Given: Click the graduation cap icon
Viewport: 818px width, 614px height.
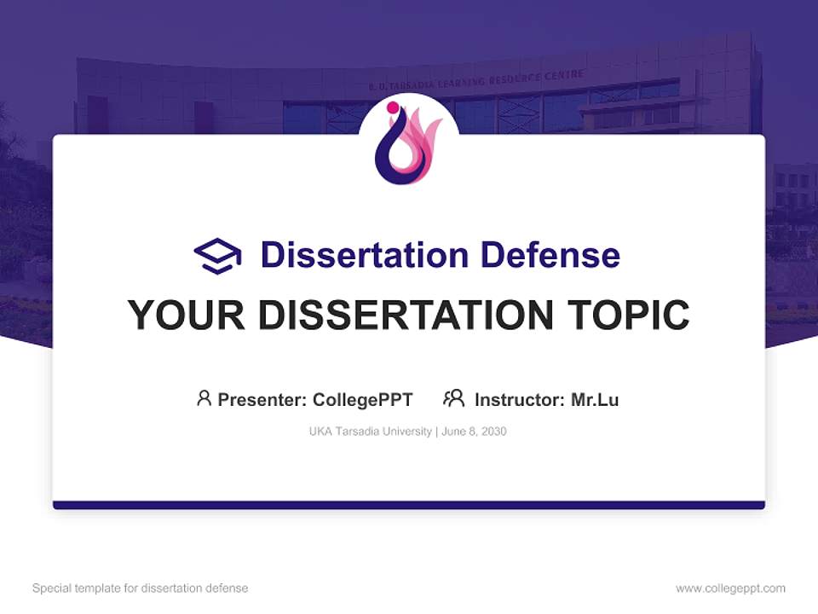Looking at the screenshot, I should pyautogui.click(x=217, y=255).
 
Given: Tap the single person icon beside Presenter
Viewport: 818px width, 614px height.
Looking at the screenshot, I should pyautogui.click(x=204, y=398).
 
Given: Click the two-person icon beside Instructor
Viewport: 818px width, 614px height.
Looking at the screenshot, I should pyautogui.click(x=453, y=398).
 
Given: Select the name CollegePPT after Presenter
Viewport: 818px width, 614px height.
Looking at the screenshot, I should pyautogui.click(x=363, y=400).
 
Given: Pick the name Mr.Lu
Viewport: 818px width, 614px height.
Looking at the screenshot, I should pyautogui.click(x=595, y=400).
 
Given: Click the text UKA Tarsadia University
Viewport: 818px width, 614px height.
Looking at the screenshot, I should pyautogui.click(x=371, y=432).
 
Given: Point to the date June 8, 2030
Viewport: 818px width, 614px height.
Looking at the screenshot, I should pyautogui.click(x=475, y=432).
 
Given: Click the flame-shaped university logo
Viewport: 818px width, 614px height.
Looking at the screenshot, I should pyautogui.click(x=408, y=145).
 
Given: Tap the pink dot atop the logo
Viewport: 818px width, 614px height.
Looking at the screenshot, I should pyautogui.click(x=393, y=107).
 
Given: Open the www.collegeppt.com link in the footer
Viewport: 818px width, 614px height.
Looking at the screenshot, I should pyautogui.click(x=730, y=588).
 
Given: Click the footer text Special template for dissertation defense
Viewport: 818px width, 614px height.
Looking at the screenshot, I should pyautogui.click(x=141, y=588).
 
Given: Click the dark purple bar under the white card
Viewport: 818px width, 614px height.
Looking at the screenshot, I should pyautogui.click(x=409, y=505).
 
